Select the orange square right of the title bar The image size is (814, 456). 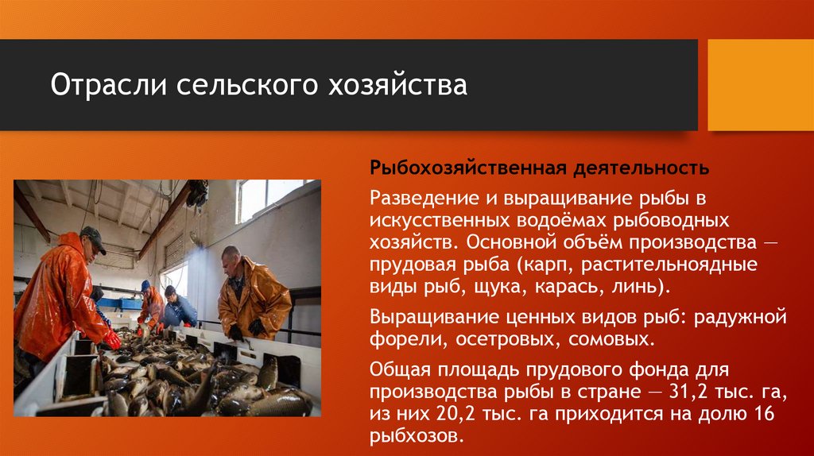(760, 85)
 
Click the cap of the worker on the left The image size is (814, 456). (92, 236)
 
